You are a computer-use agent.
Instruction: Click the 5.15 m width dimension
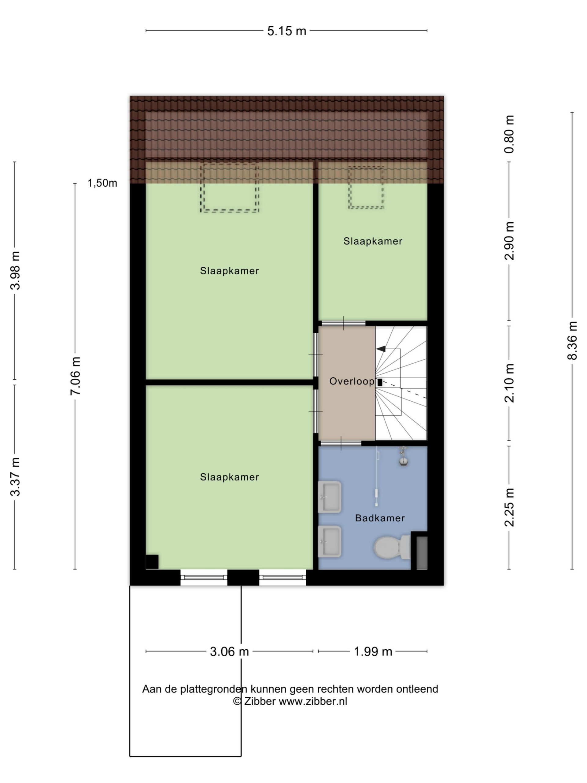point(286,31)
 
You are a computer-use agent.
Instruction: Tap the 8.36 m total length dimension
point(572,340)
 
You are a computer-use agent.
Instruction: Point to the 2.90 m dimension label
point(509,241)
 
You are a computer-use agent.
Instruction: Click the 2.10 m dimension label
point(509,383)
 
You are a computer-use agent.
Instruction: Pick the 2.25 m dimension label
point(509,507)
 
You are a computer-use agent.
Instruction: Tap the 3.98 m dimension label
point(15,270)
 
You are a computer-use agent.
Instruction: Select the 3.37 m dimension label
point(15,477)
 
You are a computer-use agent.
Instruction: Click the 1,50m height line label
point(102,183)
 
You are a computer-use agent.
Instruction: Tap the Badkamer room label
point(380,518)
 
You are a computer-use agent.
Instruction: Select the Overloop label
point(352,381)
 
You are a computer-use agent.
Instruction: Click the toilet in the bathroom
point(392,547)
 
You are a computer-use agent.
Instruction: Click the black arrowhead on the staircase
point(381,349)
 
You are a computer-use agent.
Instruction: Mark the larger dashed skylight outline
point(230,187)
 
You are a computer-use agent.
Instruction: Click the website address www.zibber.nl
point(313,701)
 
